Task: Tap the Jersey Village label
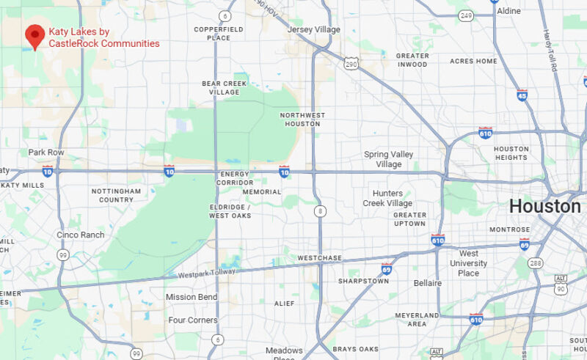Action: click(x=315, y=29)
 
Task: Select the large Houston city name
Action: click(x=544, y=206)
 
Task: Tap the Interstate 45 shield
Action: click(x=522, y=95)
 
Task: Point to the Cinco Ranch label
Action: click(x=81, y=235)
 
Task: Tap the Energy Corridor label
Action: click(x=236, y=178)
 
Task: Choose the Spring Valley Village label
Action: click(x=389, y=159)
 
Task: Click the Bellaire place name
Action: click(x=428, y=283)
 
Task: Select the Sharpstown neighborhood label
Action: click(x=363, y=281)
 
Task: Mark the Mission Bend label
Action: click(x=191, y=297)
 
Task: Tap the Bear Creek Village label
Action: click(x=221, y=88)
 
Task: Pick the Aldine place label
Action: click(x=508, y=11)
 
